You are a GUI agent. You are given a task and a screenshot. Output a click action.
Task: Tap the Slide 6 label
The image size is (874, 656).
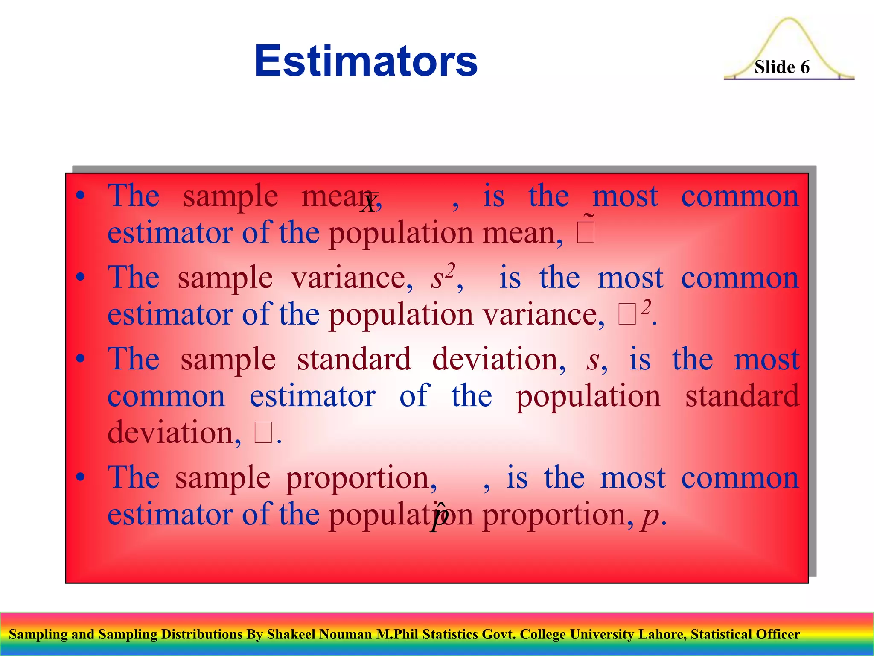(x=781, y=67)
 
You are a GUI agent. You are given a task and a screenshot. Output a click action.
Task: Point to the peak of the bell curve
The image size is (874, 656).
(x=789, y=20)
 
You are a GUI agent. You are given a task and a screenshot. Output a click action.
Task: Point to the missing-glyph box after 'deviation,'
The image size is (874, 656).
(x=263, y=433)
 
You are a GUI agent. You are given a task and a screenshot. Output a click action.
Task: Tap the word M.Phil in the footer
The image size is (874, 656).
(x=397, y=634)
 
